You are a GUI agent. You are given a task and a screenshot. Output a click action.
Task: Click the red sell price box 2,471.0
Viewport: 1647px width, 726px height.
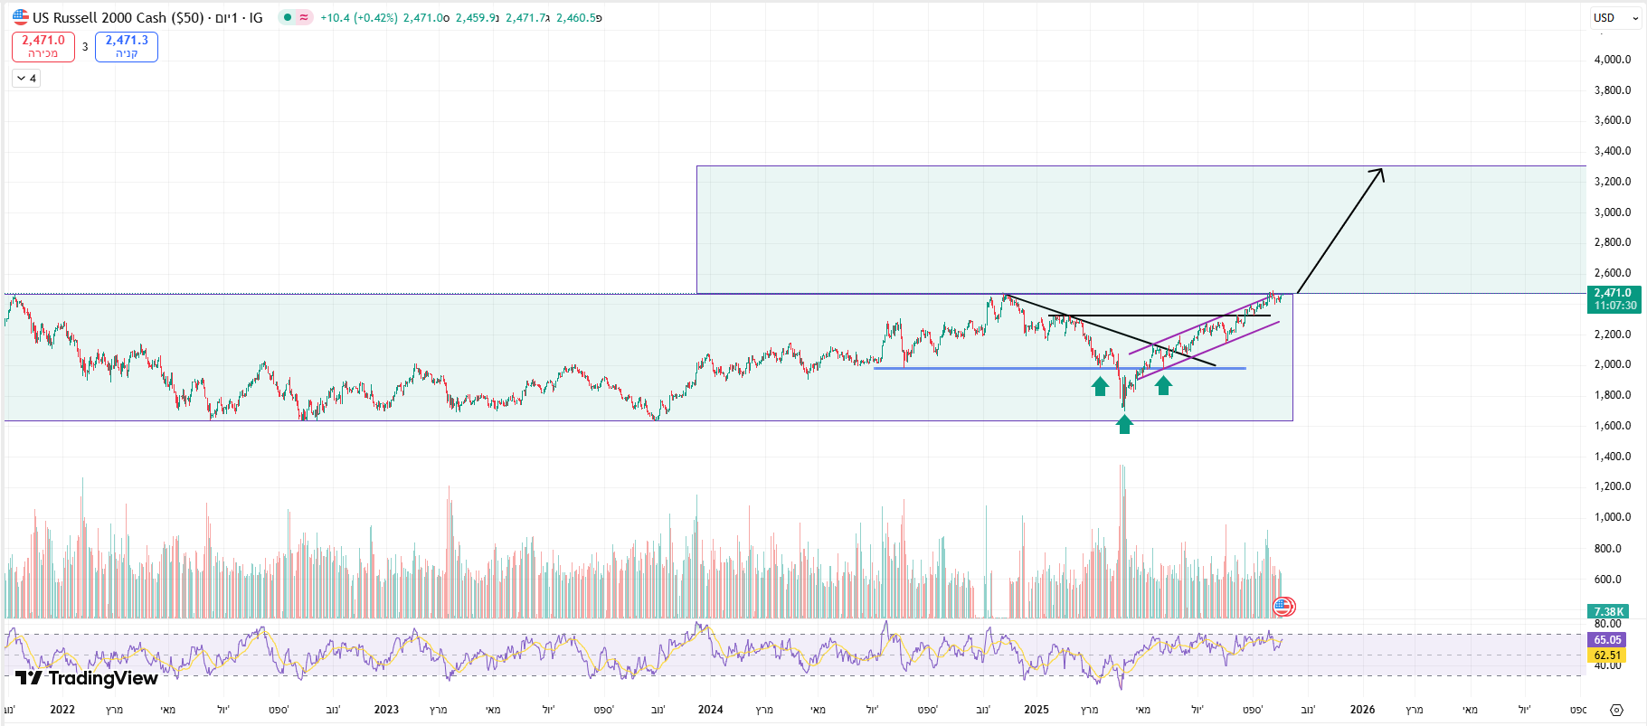point(43,46)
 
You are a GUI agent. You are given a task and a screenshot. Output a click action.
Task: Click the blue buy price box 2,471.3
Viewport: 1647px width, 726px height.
point(127,46)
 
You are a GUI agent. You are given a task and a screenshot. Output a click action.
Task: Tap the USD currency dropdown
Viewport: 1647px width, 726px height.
point(1615,17)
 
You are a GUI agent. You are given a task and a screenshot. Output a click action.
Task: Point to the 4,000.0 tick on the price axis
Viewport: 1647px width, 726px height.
point(1612,60)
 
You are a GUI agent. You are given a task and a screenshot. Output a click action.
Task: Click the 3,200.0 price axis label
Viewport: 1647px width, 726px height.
point(1612,182)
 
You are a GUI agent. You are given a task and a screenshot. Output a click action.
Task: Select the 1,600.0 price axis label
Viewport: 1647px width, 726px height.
point(1612,426)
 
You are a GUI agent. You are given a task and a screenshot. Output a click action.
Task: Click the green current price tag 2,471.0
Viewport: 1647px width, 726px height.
point(1614,298)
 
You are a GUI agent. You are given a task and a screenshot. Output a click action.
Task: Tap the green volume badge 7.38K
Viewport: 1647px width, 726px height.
point(1609,612)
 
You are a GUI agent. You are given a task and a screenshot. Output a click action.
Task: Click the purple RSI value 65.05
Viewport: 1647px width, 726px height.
point(1607,640)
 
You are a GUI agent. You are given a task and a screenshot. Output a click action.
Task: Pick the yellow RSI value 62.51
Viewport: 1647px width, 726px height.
point(1607,655)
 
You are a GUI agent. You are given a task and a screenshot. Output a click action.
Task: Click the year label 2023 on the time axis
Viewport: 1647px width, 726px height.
point(386,710)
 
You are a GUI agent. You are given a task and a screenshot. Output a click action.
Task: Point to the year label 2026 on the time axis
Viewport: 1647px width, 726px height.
point(1362,710)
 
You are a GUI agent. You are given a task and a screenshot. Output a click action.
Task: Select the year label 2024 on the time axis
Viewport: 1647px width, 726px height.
point(710,710)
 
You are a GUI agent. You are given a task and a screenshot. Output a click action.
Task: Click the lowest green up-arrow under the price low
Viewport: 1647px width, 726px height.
point(1124,424)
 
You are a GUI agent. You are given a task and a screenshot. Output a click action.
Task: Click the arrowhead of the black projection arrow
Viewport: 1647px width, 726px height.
point(1379,173)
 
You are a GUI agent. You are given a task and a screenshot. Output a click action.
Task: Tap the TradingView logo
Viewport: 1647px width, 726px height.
point(87,678)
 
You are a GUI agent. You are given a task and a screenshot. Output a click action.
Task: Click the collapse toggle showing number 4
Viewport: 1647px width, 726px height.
point(26,79)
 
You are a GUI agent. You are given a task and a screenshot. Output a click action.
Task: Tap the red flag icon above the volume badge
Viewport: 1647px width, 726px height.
point(1283,607)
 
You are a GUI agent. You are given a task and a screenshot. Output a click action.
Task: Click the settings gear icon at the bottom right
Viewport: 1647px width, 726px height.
point(1617,710)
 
